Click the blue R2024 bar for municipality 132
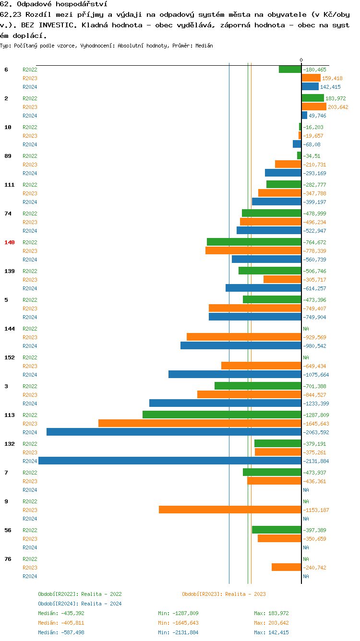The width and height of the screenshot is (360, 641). pyautogui.click(x=170, y=461)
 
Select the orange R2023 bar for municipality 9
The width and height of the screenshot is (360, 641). pyautogui.click(x=230, y=510)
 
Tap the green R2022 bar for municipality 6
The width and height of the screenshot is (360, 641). pyautogui.click(x=290, y=69)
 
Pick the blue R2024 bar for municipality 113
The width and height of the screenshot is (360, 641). pyautogui.click(x=174, y=432)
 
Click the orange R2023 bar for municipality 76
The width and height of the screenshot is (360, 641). pyautogui.click(x=286, y=567)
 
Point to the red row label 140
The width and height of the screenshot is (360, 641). pyautogui.click(x=10, y=242)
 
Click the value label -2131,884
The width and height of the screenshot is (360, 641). pyautogui.click(x=316, y=461)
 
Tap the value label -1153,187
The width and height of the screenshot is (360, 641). pyautogui.click(x=316, y=510)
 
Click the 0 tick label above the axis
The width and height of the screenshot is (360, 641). pyautogui.click(x=301, y=60)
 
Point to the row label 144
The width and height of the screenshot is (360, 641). pyautogui.click(x=10, y=329)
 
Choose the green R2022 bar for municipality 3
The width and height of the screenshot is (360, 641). pyautogui.click(x=258, y=386)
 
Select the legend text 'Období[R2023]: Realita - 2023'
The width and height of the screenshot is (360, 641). pyautogui.click(x=224, y=594)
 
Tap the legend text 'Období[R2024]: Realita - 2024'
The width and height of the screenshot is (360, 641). pyautogui.click(x=80, y=604)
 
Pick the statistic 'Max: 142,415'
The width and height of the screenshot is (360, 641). pyautogui.click(x=271, y=632)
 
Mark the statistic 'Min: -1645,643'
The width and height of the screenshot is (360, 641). pyautogui.click(x=178, y=623)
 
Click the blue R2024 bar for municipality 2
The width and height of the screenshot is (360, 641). pyautogui.click(x=304, y=115)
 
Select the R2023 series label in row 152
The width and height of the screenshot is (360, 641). pyautogui.click(x=30, y=366)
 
